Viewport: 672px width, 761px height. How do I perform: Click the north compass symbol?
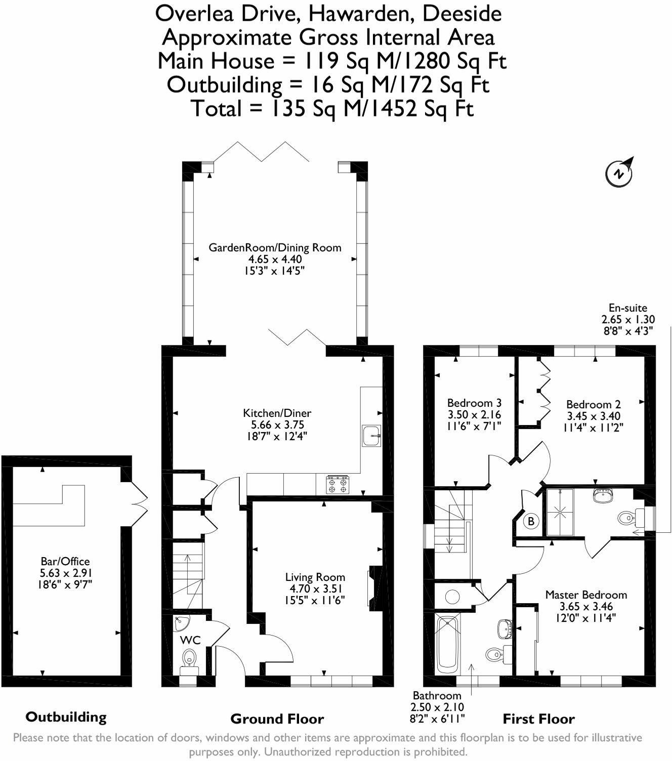point(619,173)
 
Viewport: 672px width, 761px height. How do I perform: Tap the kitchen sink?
point(372,436)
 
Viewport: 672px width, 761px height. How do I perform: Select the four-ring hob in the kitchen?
point(338,485)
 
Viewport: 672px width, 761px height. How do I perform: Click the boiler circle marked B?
point(531,521)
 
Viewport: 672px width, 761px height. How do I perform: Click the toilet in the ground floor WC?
point(189,659)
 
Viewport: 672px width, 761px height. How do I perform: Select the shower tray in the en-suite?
point(561,512)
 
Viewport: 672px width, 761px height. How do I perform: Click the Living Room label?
point(315,577)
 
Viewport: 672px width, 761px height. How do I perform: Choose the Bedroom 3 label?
point(474,403)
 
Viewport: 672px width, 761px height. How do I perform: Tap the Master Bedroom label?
point(586,595)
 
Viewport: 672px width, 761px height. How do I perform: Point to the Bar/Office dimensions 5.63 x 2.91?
point(66,573)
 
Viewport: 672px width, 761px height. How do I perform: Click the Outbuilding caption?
point(66,717)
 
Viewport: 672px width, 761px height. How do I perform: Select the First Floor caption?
point(538,719)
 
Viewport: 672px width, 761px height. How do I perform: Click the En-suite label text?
point(627,308)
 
